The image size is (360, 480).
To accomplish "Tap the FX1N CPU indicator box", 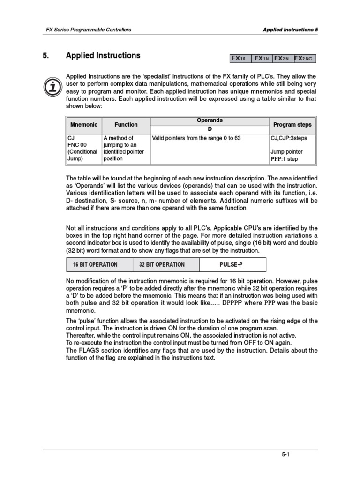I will coord(262,59).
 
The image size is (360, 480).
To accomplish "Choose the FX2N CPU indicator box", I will coord(283,59).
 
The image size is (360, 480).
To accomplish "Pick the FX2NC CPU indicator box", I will coord(305,59).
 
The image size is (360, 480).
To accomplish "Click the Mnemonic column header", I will coord(84,125).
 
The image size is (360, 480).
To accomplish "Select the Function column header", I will coord(126,125).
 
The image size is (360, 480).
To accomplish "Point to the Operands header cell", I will coord(210,120).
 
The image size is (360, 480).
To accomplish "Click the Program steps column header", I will coord(292,125).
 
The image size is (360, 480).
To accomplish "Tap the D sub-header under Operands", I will coord(210,129).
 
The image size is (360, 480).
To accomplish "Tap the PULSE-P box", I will coord(232,264).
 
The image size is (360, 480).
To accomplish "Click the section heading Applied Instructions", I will coord(103,55).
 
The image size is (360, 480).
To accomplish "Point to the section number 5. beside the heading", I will coord(46,55).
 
